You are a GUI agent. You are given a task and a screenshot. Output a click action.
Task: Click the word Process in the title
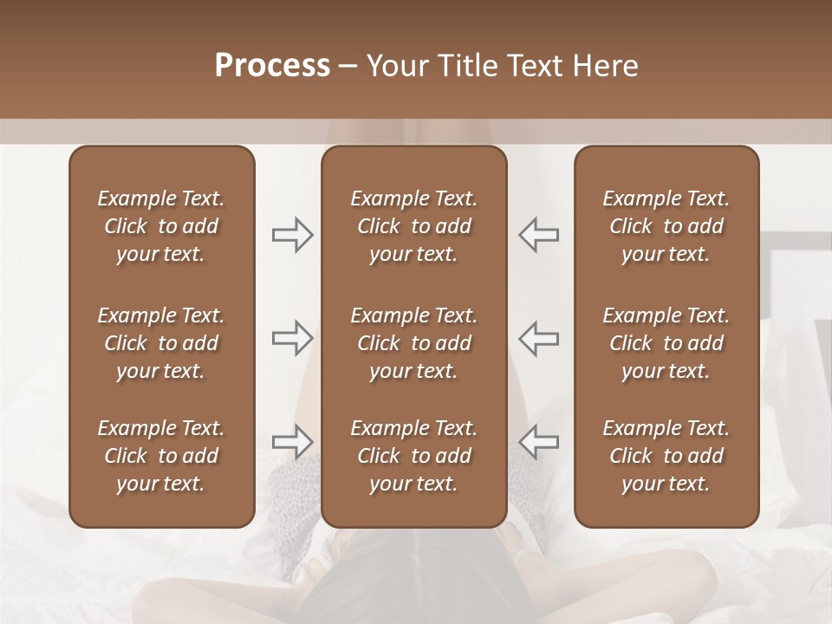272,66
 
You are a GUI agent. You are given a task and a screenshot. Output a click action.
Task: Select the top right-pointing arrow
293,235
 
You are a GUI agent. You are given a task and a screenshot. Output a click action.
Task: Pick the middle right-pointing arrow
293,338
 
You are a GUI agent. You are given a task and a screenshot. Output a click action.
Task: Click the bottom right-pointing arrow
293,441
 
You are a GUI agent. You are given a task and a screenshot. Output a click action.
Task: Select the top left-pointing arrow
538,235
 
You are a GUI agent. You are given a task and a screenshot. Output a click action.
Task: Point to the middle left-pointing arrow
538,338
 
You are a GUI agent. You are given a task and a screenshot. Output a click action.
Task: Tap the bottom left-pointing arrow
538,441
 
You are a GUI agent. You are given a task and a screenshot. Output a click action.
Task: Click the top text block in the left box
161,226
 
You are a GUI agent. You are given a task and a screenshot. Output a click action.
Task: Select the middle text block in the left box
161,343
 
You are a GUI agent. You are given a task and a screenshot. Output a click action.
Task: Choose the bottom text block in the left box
161,456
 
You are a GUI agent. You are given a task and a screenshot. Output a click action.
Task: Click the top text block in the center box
413,226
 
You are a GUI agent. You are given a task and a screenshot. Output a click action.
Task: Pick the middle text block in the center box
413,343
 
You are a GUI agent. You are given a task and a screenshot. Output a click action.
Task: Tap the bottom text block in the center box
413,456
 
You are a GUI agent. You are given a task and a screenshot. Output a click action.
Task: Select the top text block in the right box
666,226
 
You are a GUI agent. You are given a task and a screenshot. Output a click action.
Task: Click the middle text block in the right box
666,343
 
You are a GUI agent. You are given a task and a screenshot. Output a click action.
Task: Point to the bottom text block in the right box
666,456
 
